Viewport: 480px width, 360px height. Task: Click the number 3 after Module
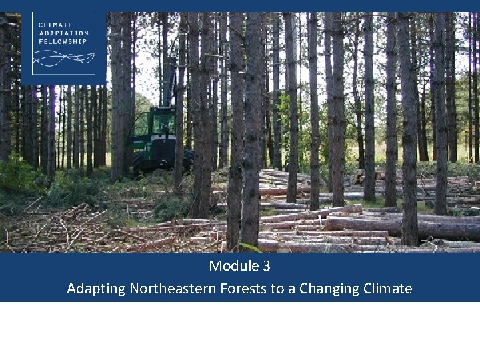(266, 266)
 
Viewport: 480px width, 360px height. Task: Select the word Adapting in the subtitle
(96, 289)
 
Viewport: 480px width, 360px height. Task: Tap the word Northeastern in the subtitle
(170, 289)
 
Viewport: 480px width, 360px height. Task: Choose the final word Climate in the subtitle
(387, 289)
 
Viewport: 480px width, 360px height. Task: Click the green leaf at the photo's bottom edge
(251, 248)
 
